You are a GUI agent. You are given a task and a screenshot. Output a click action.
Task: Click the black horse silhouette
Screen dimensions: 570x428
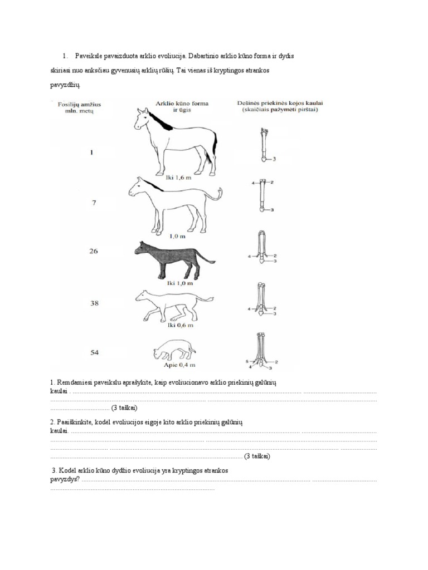173,259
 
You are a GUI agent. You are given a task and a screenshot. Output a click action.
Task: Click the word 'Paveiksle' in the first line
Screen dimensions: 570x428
90,56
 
